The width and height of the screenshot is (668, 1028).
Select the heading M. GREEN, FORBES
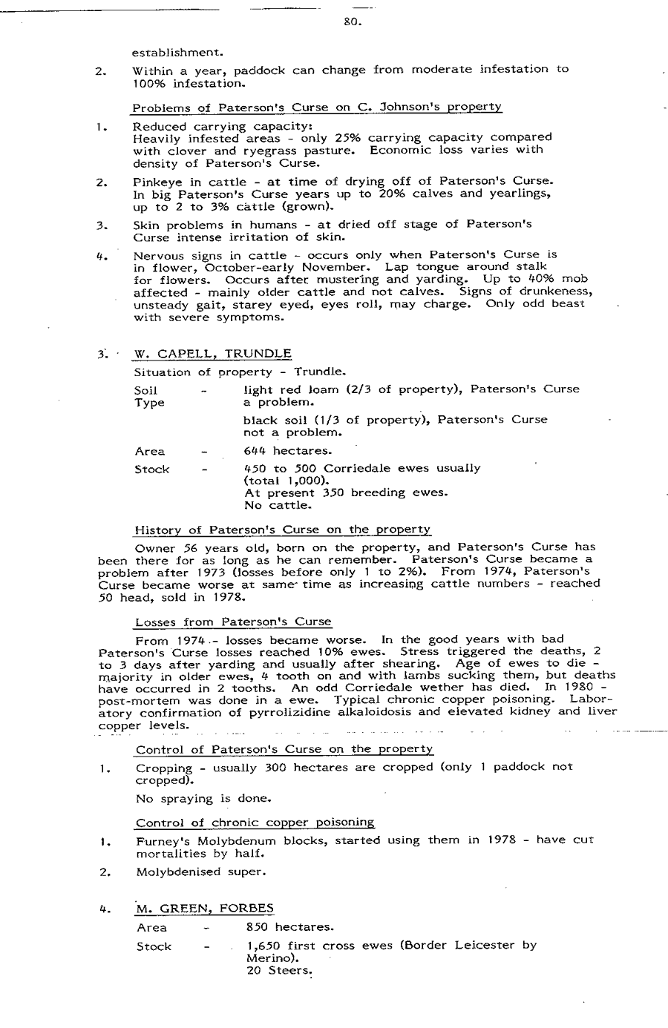(205, 909)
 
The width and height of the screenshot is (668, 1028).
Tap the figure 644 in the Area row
(256, 451)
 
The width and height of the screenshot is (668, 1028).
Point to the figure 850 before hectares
(258, 927)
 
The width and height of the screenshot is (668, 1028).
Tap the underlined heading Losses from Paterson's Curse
(234, 622)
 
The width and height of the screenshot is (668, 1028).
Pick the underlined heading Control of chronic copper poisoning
(255, 823)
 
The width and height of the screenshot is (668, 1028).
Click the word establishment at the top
(177, 53)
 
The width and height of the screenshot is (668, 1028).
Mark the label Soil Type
(149, 396)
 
